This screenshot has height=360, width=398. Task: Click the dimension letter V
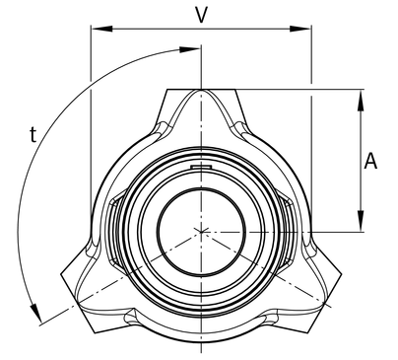coord(201,15)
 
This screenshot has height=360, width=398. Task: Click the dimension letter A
coord(370,161)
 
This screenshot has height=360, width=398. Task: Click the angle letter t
coord(33,134)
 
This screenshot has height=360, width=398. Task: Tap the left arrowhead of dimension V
coord(101,29)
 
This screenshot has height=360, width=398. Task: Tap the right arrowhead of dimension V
coord(300,29)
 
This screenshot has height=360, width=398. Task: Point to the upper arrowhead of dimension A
coord(361,101)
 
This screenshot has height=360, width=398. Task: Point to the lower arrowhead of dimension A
coord(361,221)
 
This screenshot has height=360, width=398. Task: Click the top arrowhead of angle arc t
coord(189,49)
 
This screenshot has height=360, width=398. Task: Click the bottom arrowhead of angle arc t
coord(36,313)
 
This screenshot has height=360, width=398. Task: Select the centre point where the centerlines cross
coord(201,232)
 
